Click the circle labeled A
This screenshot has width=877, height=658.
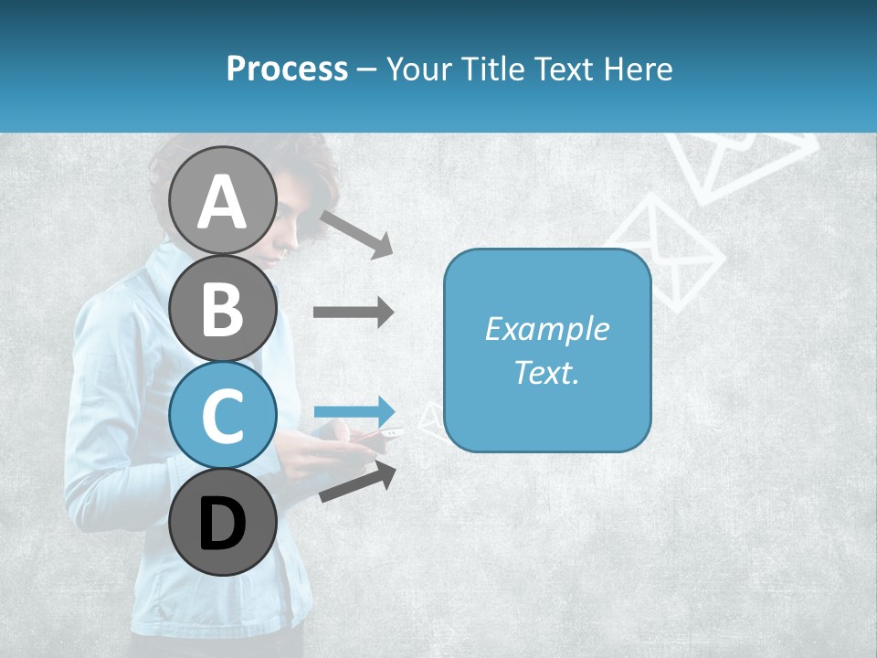(223, 200)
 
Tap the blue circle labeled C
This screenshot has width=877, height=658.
(223, 415)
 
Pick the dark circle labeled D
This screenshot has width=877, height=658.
(223, 523)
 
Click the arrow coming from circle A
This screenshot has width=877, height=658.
(356, 234)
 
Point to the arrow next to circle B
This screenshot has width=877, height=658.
(354, 312)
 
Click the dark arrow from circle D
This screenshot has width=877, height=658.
(358, 483)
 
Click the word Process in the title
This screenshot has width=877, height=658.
(287, 69)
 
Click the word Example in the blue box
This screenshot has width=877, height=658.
(546, 329)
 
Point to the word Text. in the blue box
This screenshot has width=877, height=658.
(546, 373)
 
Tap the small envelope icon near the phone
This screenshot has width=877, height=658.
(430, 421)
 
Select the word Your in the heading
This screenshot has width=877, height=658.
(417, 69)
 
